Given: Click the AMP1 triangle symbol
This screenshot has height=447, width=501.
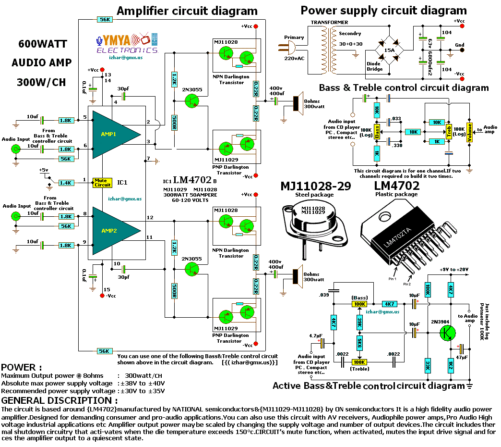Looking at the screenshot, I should click(x=113, y=134).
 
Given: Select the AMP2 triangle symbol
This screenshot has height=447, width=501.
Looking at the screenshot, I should click(x=113, y=230).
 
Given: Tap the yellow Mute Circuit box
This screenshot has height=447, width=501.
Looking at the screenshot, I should click(x=102, y=183).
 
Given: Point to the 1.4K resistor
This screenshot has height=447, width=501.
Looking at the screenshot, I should click(x=65, y=183).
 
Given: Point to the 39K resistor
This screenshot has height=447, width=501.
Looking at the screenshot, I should click(x=359, y=321).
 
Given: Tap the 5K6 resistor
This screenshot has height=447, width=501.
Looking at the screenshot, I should click(x=359, y=343).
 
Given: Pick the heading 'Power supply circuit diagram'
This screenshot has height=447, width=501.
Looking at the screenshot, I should click(x=383, y=10).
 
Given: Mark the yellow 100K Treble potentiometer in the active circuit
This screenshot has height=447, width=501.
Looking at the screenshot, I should click(x=359, y=362).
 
